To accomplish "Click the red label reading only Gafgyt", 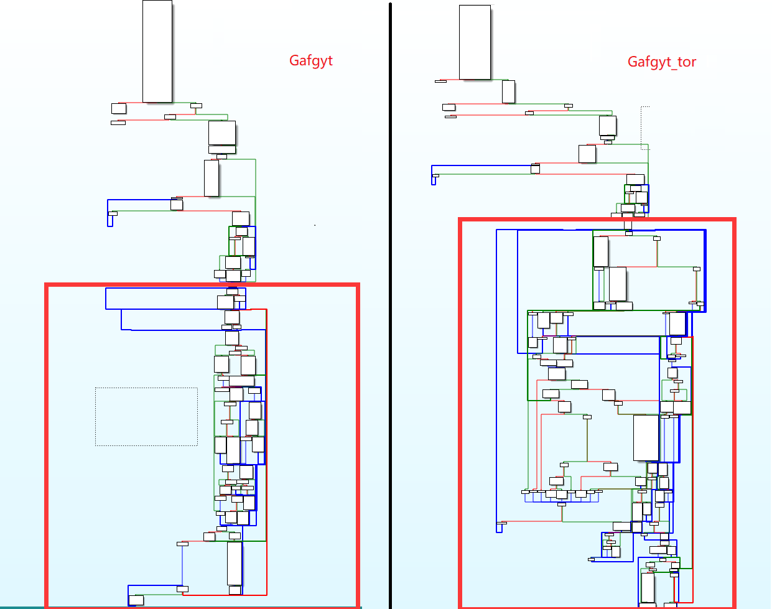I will (x=311, y=60).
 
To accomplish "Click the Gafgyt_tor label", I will (x=661, y=62).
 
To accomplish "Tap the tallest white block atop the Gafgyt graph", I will (x=157, y=51).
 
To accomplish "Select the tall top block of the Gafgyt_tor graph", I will (x=475, y=42).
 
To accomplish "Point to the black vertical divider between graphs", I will (x=390, y=305).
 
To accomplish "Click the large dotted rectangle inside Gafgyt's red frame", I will (x=146, y=416).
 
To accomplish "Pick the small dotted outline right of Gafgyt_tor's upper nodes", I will (x=645, y=128).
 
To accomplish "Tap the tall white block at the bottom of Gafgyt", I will (x=235, y=564).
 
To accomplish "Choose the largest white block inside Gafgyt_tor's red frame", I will (x=646, y=437).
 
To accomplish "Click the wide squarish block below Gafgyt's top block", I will (x=222, y=133).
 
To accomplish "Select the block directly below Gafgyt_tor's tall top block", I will (x=508, y=92).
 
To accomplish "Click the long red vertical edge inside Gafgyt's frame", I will (x=266, y=448).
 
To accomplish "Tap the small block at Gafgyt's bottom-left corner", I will (x=136, y=600).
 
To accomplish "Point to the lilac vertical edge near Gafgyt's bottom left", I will (x=182, y=566).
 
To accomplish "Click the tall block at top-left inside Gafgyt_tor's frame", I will (x=600, y=251).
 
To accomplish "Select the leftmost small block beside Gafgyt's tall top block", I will (x=119, y=109).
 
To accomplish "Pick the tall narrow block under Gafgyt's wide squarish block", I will (x=212, y=178).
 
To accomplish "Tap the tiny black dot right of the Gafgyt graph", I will (x=315, y=225).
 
